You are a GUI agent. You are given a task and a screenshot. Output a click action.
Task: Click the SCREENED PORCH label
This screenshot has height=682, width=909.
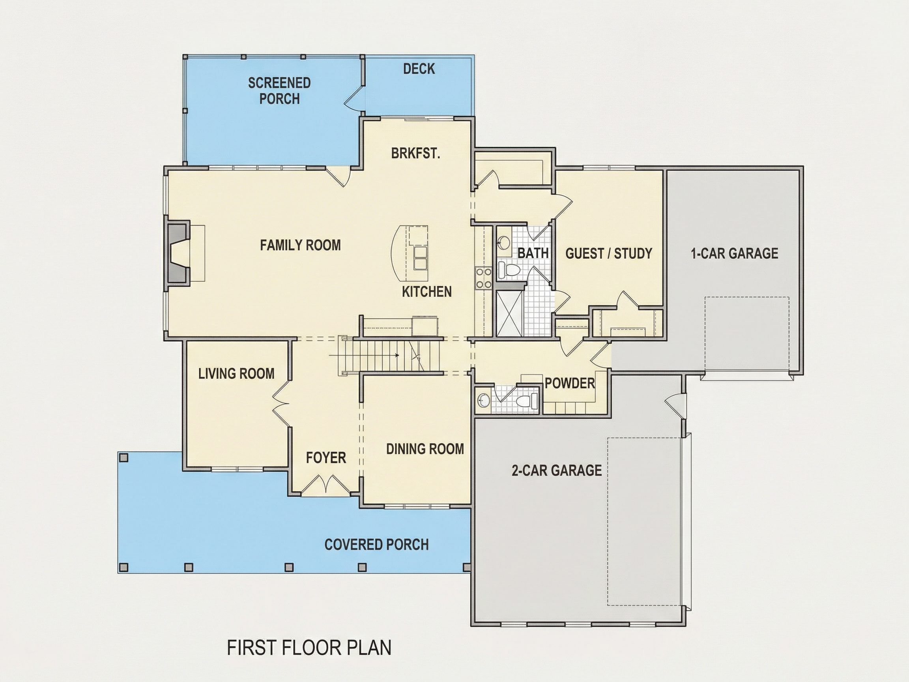coord(279,91)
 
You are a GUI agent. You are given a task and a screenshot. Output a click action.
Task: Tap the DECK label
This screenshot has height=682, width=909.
coord(419,69)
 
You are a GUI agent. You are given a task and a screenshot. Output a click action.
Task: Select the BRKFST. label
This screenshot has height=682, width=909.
coord(415,154)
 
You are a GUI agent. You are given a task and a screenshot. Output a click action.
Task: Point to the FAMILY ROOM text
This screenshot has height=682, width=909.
coord(300,245)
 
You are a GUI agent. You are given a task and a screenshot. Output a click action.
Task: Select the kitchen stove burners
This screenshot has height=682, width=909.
coord(483,277)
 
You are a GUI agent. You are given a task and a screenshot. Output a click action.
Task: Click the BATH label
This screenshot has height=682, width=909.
coord(533,253)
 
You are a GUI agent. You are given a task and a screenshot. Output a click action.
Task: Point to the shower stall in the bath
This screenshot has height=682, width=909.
coord(511,314)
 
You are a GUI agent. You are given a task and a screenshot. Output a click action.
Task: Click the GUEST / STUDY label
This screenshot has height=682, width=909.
coord(609,253)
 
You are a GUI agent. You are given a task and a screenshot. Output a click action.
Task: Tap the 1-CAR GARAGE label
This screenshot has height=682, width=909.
coord(734,253)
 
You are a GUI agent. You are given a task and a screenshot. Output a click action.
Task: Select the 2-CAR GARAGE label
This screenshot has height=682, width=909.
coord(557,470)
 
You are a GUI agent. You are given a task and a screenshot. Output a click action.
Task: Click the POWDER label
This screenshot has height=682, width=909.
coord(570,383)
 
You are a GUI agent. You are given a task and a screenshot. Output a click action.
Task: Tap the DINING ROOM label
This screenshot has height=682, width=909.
coord(425,449)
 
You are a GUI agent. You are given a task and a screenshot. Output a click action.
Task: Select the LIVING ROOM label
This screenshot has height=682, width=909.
coord(236,373)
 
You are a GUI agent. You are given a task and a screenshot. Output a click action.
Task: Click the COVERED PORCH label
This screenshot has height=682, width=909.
coord(376,544)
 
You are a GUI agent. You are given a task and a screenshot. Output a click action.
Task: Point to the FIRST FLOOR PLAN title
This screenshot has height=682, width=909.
coord(309,648)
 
